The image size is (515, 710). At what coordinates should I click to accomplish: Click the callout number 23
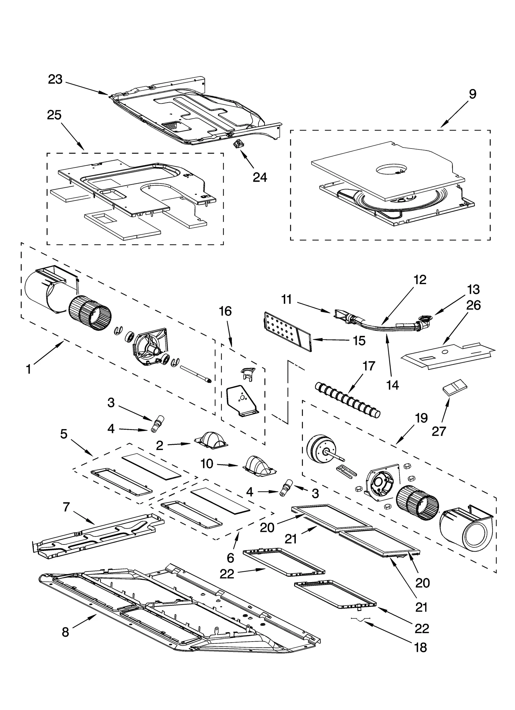pyautogui.click(x=55, y=79)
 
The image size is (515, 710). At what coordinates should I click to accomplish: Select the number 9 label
pyautogui.click(x=472, y=94)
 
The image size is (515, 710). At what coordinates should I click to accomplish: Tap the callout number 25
pyautogui.click(x=54, y=115)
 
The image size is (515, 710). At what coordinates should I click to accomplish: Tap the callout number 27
pyautogui.click(x=439, y=431)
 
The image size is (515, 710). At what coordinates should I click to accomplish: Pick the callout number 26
pyautogui.click(x=473, y=305)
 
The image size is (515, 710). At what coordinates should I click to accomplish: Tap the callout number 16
pyautogui.click(x=225, y=311)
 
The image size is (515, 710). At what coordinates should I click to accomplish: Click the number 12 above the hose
pyautogui.click(x=419, y=280)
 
